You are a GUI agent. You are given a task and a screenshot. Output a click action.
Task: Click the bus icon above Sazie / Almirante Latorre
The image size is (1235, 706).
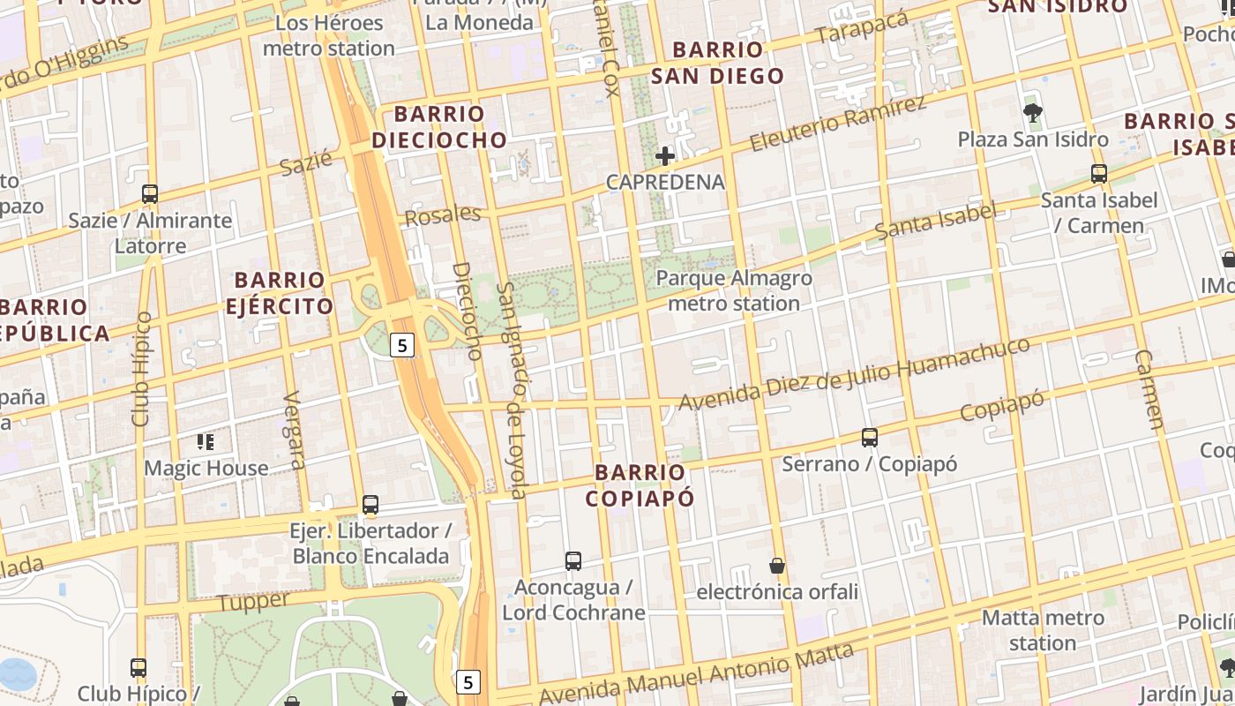tap(150, 193)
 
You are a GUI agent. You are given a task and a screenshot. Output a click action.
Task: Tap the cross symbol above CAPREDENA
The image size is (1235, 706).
tap(665, 156)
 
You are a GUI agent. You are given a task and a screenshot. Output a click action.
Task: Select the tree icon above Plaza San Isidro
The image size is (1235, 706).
tap(1033, 112)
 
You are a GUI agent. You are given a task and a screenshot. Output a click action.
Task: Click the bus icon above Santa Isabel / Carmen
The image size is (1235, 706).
tap(1098, 174)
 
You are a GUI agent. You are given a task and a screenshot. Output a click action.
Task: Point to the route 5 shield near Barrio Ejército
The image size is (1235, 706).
tap(402, 345)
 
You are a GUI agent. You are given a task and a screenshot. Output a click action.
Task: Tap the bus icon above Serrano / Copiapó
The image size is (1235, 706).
tap(870, 437)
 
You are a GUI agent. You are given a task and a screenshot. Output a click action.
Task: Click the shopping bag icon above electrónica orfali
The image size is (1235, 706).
tap(777, 565)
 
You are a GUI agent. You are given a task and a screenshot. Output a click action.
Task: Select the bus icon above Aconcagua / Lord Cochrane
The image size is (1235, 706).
tap(573, 560)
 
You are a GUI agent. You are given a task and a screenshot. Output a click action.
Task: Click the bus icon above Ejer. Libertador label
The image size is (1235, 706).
tap(370, 505)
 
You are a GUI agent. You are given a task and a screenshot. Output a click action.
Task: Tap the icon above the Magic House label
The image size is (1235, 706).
tap(206, 441)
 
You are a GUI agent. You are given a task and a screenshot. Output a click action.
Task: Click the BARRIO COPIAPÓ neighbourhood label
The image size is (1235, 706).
tap(640, 484)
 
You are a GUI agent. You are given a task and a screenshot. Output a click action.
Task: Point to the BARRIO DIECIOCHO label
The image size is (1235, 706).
tap(439, 126)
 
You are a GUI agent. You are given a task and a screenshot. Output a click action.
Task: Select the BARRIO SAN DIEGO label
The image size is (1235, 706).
tap(717, 62)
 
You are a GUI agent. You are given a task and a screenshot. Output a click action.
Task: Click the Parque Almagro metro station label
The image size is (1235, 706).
tap(734, 290)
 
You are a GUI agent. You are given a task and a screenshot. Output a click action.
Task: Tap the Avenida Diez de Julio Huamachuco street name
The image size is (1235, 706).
tap(853, 374)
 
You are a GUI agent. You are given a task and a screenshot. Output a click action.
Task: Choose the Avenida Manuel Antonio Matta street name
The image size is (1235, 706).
tap(696, 675)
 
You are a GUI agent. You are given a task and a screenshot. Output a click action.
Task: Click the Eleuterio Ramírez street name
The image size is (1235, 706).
tap(837, 124)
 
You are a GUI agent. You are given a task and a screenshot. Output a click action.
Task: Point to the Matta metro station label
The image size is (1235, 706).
tap(1043, 630)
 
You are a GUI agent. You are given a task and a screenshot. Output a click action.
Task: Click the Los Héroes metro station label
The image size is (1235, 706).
tap(329, 35)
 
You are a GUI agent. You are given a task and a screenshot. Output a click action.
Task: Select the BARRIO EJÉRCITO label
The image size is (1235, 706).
tap(280, 293)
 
